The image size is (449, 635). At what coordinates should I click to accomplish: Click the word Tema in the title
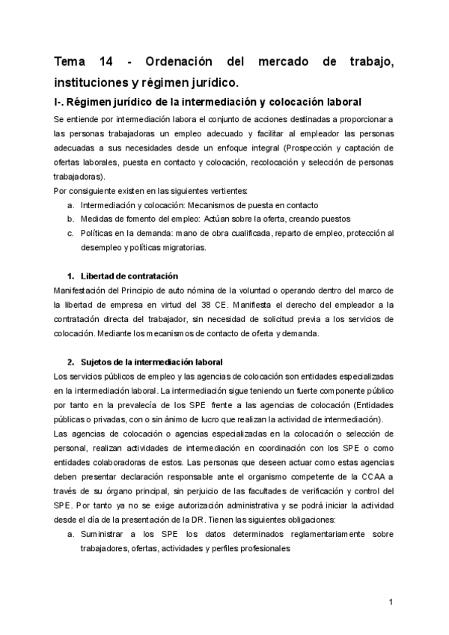(73, 61)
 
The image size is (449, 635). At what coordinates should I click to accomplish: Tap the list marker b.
(70, 219)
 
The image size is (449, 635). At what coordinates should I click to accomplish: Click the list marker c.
(70, 233)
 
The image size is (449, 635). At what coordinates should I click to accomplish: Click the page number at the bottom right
(391, 601)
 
